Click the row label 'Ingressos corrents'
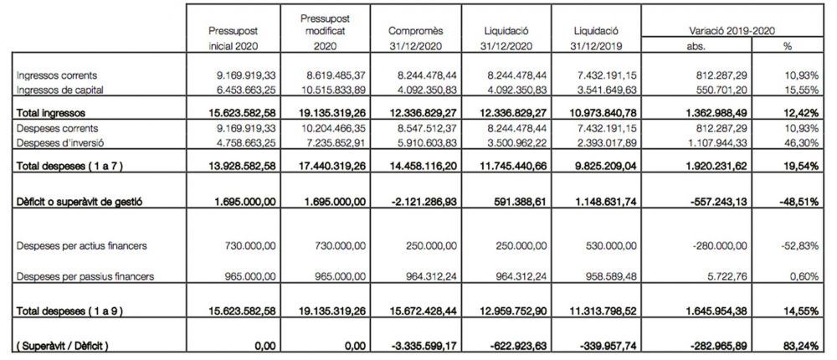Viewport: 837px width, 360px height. [52, 75]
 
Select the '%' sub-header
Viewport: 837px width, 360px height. [787, 47]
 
